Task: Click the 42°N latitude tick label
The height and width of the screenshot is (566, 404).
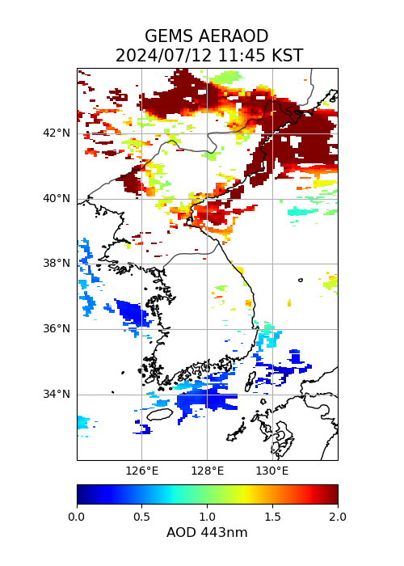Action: tap(57, 133)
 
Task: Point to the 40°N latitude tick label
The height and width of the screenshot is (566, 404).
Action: tap(57, 199)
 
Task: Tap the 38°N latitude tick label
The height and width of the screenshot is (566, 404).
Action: tap(57, 264)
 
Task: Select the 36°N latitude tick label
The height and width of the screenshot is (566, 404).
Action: tap(57, 329)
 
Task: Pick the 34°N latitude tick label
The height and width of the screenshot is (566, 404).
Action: tap(57, 395)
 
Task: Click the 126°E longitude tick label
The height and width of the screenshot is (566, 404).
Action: tap(141, 471)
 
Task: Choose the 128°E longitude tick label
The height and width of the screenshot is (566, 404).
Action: tap(208, 471)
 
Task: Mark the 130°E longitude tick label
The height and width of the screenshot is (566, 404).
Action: tap(272, 471)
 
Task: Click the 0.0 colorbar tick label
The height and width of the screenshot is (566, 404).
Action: tap(77, 517)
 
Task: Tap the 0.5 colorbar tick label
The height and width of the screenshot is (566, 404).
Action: tap(141, 517)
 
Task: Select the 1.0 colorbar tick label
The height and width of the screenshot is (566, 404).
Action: tap(208, 517)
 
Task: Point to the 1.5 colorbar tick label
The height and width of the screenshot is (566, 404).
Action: tap(272, 517)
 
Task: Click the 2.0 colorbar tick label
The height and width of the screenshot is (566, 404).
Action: tap(338, 517)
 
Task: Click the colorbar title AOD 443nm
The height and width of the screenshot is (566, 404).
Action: tap(207, 532)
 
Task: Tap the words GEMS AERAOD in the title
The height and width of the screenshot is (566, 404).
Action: tap(207, 36)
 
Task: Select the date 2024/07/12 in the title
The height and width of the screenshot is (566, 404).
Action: tap(165, 56)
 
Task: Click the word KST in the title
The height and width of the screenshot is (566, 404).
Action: tap(287, 56)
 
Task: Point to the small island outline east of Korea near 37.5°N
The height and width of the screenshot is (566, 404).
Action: tap(301, 280)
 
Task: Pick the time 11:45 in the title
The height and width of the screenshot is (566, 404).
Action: tap(242, 56)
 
